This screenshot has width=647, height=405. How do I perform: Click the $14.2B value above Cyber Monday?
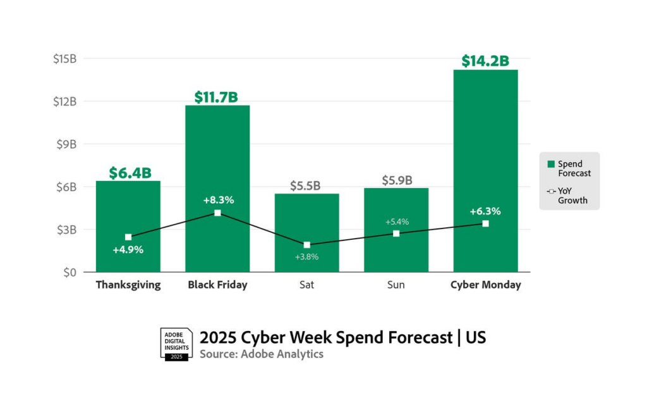pyautogui.click(x=485, y=61)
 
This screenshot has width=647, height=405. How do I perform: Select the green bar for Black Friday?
pyautogui.click(x=217, y=158)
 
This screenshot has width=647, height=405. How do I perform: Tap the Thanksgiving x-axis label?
pyautogui.click(x=128, y=285)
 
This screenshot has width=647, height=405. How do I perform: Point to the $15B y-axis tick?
pyautogui.click(x=64, y=58)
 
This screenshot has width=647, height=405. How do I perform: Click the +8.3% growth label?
pyautogui.click(x=219, y=200)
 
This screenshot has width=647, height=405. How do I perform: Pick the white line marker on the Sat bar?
pyautogui.click(x=306, y=245)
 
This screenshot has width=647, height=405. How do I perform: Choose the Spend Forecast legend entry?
pyautogui.click(x=569, y=168)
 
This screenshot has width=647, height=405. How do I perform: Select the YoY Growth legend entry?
pyautogui.click(x=569, y=196)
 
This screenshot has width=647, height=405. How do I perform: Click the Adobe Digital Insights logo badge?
pyautogui.click(x=176, y=344)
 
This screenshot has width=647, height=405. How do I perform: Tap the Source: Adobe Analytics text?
pyautogui.click(x=262, y=354)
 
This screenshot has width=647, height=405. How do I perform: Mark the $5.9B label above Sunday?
pyautogui.click(x=397, y=180)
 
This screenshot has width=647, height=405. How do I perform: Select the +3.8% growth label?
pyautogui.click(x=306, y=257)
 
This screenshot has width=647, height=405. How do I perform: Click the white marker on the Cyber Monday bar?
pyautogui.click(x=485, y=223)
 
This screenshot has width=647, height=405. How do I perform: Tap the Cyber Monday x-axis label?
pyautogui.click(x=485, y=285)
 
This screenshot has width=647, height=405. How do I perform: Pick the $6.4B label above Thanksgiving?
pyautogui.click(x=128, y=173)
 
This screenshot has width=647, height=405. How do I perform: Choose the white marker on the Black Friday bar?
pyautogui.click(x=217, y=213)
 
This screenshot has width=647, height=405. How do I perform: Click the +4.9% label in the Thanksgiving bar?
pyautogui.click(x=128, y=249)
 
